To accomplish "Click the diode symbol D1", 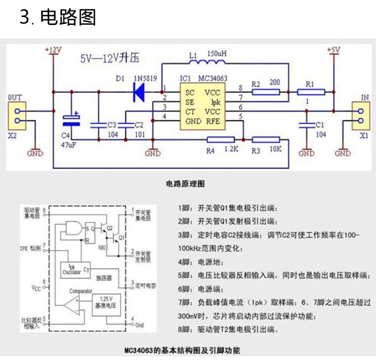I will click(x=139, y=91).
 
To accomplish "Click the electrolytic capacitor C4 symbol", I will click(x=71, y=120).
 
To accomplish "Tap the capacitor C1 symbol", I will click(x=306, y=125).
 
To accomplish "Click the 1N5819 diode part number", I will click(x=146, y=78).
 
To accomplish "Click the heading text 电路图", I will click(x=68, y=17).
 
